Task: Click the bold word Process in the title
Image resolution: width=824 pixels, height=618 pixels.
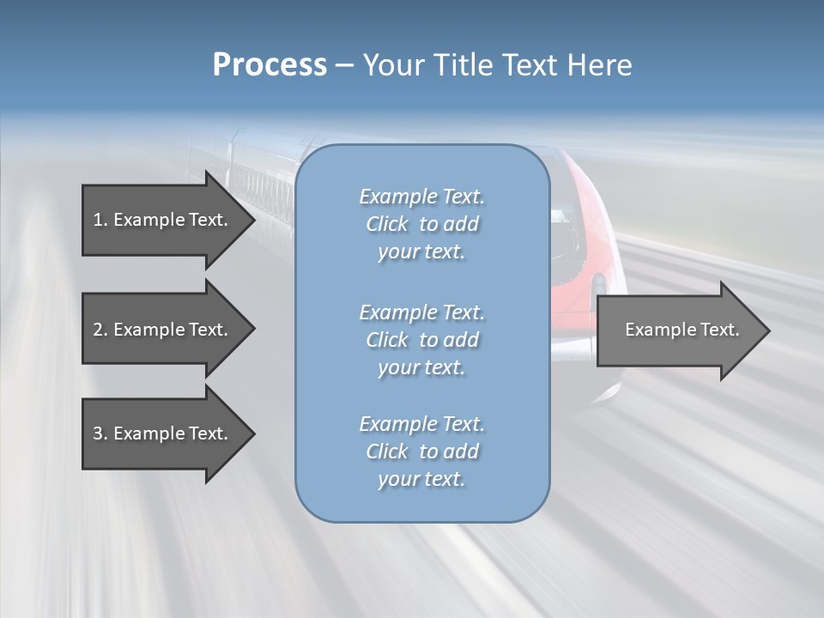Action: coord(270,65)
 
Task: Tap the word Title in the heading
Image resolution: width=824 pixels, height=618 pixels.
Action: coord(465,65)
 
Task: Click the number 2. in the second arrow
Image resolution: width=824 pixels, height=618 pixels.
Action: coord(100,330)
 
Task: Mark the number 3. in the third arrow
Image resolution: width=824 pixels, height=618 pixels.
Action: coord(100,433)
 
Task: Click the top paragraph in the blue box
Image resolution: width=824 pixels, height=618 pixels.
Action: coord(421,224)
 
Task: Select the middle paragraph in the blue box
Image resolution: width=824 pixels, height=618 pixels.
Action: coord(421,340)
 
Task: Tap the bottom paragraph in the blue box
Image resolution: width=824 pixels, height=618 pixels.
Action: coord(421,451)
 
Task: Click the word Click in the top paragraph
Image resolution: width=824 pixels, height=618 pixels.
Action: coord(387,224)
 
